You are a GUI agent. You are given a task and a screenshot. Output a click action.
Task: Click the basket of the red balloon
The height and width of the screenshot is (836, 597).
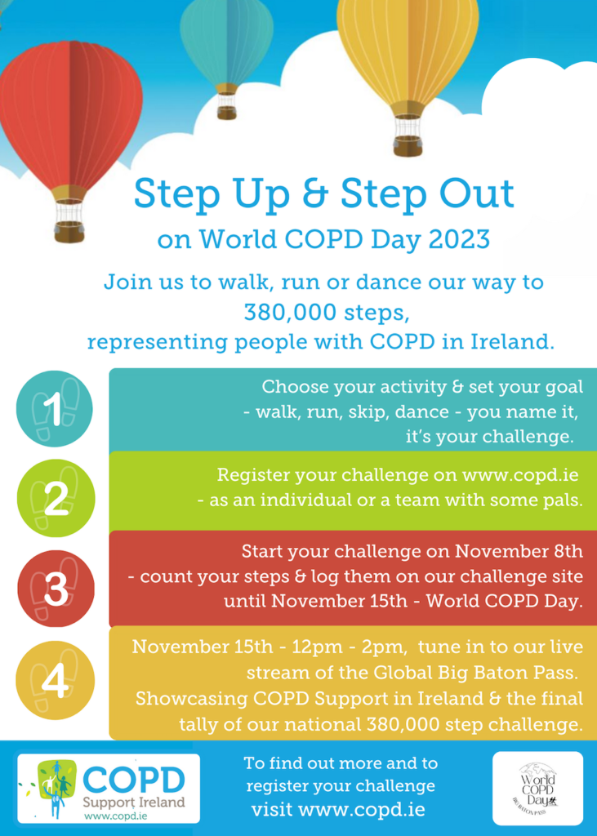69,232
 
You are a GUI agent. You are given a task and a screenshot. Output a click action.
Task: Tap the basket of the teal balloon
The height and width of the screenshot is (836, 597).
227,113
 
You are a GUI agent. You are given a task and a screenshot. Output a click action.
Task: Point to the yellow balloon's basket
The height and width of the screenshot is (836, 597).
408,146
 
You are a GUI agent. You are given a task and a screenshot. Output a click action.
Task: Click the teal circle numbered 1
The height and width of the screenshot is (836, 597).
55,409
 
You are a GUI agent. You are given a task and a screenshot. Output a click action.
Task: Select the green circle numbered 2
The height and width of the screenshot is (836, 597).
56,498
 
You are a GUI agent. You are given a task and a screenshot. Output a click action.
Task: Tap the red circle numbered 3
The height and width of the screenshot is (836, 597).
56,589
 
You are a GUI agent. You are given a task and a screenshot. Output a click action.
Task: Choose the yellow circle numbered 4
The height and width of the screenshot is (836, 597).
56,680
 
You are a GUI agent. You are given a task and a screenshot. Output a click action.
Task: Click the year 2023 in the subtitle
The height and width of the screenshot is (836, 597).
459,240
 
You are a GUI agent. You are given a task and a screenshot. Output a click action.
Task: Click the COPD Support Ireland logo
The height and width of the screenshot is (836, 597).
109,788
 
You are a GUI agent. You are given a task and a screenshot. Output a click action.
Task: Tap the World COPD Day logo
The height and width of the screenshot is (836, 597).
537,788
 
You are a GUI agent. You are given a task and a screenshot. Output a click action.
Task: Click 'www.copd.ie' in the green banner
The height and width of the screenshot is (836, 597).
520,474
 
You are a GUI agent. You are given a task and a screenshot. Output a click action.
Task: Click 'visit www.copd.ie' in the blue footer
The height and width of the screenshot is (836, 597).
338,810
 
